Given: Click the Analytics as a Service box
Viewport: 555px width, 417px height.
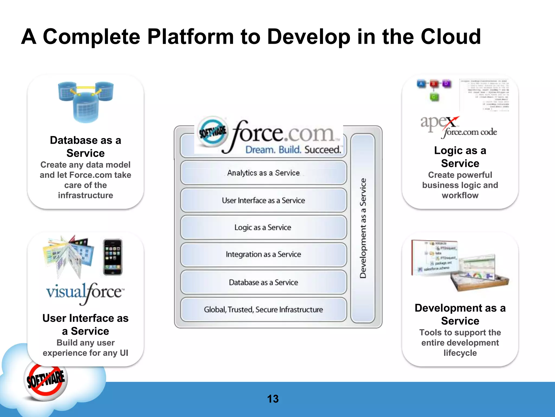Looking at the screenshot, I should coord(263,173).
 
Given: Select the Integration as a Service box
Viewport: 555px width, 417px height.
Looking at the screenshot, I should coord(263,255).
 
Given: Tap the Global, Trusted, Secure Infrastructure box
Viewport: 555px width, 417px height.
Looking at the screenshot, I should coord(263,309).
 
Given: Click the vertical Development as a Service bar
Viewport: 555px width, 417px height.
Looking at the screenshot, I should coord(363,228).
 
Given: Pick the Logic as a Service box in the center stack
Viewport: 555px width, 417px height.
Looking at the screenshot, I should coord(263,228).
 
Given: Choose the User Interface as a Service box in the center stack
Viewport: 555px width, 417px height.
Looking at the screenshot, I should coord(263,200).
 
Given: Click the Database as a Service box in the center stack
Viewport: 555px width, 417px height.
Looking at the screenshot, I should coord(263,282).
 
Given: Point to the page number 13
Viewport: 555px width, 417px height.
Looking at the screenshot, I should coord(273,399).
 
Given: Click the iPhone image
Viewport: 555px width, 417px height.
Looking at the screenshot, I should coord(113,257).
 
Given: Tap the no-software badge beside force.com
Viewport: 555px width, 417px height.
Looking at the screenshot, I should coord(212,132).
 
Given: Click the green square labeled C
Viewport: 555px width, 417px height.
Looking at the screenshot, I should coord(434,97).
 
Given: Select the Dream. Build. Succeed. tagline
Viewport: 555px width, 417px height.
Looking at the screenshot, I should coord(293,150).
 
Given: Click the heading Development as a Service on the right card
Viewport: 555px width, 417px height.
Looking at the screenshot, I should coord(460,314).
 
